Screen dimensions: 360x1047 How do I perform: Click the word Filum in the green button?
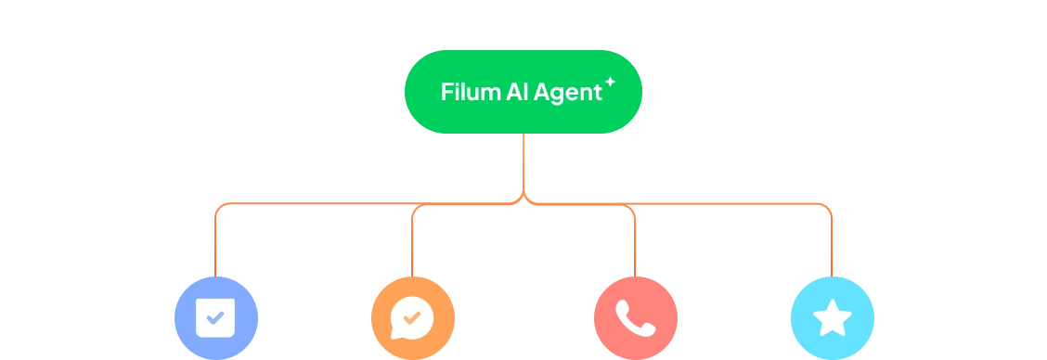[x=470, y=93]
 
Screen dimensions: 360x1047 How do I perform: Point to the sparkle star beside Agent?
[x=610, y=83]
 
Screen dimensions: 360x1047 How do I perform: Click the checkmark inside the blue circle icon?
[x=214, y=317]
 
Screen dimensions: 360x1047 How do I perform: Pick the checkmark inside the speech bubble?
[x=412, y=317]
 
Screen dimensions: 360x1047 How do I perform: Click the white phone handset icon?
[x=635, y=318]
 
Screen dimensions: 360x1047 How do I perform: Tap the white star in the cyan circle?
[x=832, y=318]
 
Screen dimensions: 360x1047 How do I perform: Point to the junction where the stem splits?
[x=523, y=199]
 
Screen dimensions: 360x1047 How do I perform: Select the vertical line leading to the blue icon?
[x=214, y=246]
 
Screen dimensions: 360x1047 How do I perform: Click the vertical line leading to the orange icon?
[x=412, y=246]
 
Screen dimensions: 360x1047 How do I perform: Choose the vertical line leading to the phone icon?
[x=635, y=246]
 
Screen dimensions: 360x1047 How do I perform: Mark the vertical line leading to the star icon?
[x=831, y=246]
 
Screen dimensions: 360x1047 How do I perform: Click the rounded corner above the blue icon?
[x=218, y=207]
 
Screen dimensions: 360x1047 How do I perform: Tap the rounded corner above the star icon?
[x=827, y=207]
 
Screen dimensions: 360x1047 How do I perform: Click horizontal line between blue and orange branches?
[x=316, y=203]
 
